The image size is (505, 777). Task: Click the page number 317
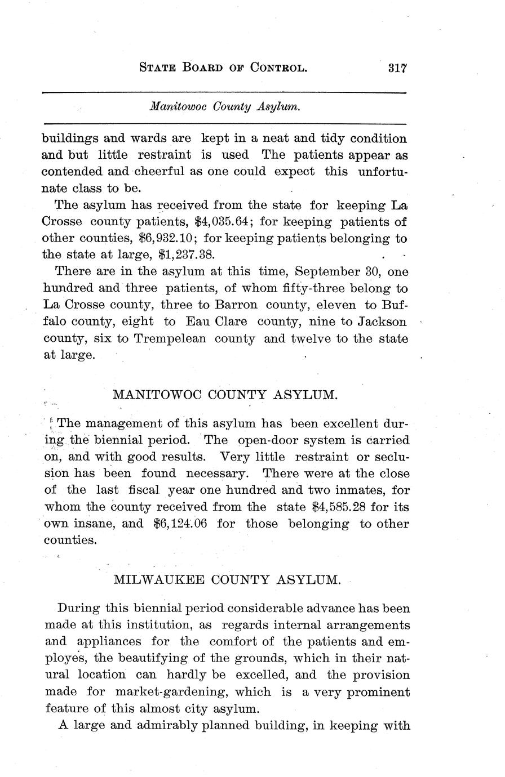[397, 68]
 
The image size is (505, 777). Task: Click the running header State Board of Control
[223, 69]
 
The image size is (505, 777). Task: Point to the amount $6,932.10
[162, 238]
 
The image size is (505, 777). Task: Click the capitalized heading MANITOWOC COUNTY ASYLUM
[225, 395]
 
